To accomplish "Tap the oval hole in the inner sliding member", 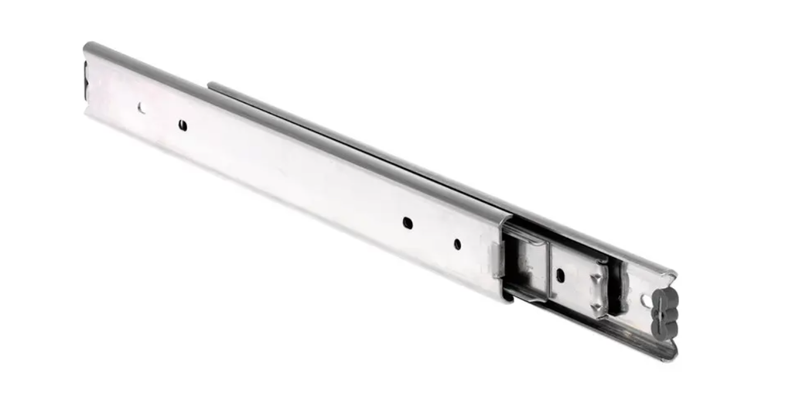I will pyautogui.click(x=560, y=275).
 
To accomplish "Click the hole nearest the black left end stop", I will pyautogui.click(x=141, y=108).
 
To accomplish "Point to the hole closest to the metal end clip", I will pyautogui.click(x=457, y=244).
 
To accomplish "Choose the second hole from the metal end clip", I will pyautogui.click(x=408, y=223).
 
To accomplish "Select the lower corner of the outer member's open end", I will pyautogui.click(x=507, y=298).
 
